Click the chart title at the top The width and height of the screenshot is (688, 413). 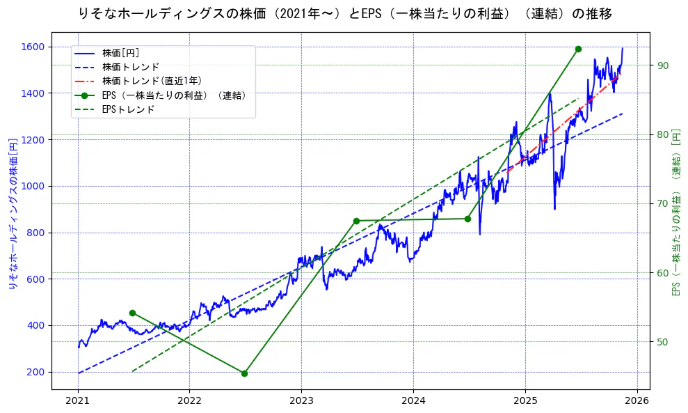346,13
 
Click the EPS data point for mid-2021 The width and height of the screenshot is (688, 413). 132,313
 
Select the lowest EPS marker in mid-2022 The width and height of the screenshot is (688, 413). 244,373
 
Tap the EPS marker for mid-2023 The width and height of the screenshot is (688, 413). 356,221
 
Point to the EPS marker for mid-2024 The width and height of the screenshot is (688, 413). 467,219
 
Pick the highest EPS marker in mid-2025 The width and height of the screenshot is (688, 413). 578,49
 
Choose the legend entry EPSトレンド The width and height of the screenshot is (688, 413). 128,109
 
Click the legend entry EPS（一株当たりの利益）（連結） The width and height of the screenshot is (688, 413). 174,95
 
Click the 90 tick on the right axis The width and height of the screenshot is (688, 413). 663,65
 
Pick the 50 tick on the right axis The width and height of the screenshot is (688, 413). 663,341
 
